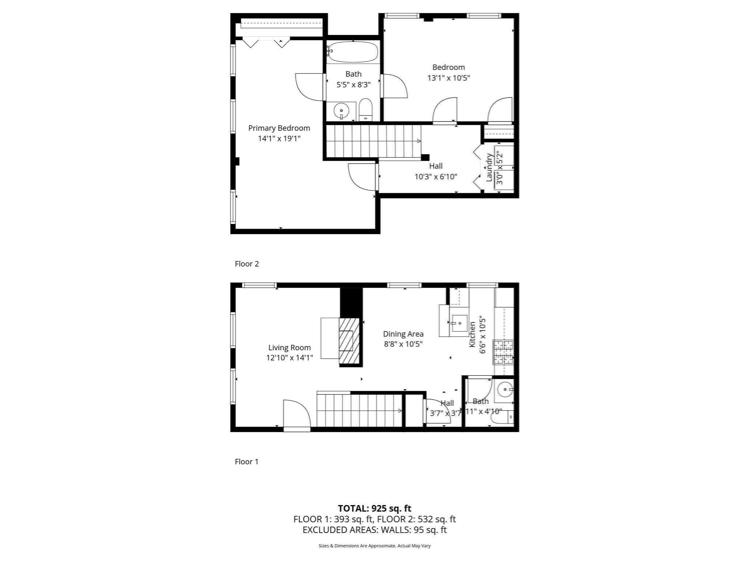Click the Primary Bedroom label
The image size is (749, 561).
tap(279, 128)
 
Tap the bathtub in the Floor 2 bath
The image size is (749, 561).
tap(353, 52)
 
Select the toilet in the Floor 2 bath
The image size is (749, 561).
tap(365, 110)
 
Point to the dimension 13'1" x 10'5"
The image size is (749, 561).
tap(448, 78)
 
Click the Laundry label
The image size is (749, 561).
tap(489, 167)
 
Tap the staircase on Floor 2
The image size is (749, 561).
tap(373, 141)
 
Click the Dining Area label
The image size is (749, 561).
tap(403, 334)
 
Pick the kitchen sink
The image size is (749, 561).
tap(459, 323)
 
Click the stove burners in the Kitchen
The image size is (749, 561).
tap(504, 352)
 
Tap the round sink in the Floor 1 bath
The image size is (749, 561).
tap(505, 390)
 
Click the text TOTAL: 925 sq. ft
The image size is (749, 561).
tap(374, 508)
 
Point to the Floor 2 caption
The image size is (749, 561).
tap(247, 264)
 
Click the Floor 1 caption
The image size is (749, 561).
tap(246, 462)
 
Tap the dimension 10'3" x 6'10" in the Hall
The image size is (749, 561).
tap(436, 177)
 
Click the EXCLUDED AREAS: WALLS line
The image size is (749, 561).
tap(374, 530)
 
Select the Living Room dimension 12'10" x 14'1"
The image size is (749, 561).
tap(289, 358)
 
